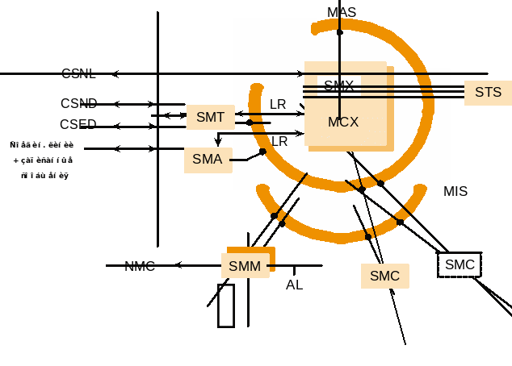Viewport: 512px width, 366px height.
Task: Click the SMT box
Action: tap(210, 117)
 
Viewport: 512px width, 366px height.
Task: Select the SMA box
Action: tap(208, 160)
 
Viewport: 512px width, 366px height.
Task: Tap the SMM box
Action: tap(245, 266)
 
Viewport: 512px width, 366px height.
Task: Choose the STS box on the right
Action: tap(488, 93)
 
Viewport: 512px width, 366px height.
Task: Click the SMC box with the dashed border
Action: tap(460, 264)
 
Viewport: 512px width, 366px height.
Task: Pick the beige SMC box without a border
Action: tap(384, 276)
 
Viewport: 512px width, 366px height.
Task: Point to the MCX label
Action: tap(343, 123)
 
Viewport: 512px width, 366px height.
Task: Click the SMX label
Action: tap(338, 85)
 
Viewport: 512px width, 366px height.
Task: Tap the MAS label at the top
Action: tap(342, 13)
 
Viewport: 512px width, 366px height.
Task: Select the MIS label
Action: tap(455, 192)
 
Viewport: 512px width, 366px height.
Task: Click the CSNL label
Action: tap(78, 74)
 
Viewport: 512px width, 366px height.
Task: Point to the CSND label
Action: tap(78, 104)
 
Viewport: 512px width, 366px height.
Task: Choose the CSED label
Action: tap(78, 125)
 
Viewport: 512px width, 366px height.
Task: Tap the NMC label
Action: tap(140, 266)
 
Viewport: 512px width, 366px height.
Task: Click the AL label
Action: tap(295, 285)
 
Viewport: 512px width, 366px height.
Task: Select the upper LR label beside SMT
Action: tap(278, 105)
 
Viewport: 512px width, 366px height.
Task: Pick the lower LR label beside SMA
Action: tap(279, 142)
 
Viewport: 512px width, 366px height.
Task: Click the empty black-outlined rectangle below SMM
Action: tap(226, 306)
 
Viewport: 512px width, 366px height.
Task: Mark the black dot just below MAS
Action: tap(340, 32)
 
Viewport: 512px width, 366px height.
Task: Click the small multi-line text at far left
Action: tap(41, 160)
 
